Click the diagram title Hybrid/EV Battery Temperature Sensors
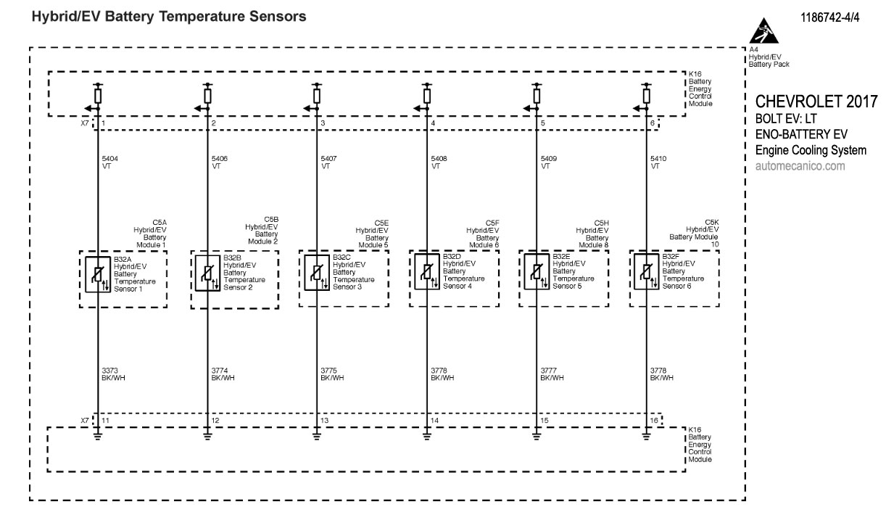tap(168, 15)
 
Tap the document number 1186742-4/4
tap(830, 17)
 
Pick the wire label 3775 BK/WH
tap(332, 374)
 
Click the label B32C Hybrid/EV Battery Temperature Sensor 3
tap(354, 272)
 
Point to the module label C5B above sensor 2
tap(262, 230)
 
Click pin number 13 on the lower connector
tap(324, 421)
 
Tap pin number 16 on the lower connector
tap(654, 421)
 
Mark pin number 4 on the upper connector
tap(433, 124)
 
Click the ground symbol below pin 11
tap(98, 435)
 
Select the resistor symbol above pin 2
tap(208, 96)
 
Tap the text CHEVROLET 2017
tap(816, 100)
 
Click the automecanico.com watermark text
tap(800, 166)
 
